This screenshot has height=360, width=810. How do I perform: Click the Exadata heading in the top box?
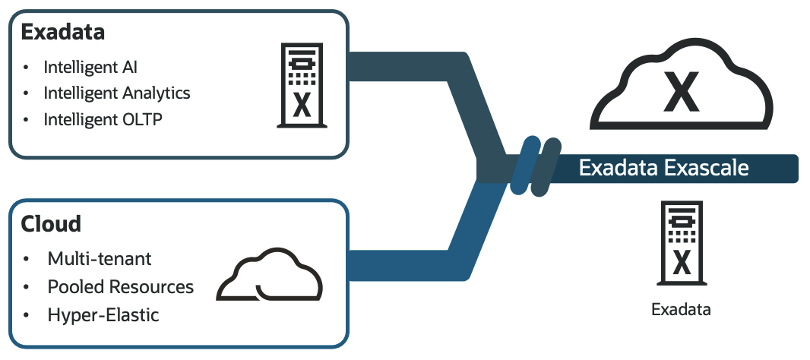[x=63, y=33]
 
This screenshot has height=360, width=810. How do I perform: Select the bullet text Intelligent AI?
[x=90, y=67]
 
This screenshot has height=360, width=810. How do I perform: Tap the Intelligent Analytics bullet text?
[x=117, y=93]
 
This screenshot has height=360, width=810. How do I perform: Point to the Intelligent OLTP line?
[x=103, y=119]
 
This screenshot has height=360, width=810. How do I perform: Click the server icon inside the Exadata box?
[x=302, y=84]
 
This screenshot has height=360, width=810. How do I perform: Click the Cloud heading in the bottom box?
[x=51, y=224]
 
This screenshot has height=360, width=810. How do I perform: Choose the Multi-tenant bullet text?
[x=100, y=258]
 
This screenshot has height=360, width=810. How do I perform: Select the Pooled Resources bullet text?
[x=121, y=287]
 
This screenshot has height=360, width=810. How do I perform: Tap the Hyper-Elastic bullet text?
[x=103, y=314]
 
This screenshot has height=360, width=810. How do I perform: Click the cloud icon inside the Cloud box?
[x=270, y=275]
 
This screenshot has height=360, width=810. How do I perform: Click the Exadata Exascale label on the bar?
[x=664, y=168]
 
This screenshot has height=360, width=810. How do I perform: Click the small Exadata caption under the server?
[x=682, y=310]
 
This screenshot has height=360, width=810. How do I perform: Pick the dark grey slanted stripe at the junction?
[x=545, y=166]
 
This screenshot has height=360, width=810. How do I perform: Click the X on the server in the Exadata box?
[x=302, y=104]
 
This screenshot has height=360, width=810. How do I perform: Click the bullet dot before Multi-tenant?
[x=27, y=259]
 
